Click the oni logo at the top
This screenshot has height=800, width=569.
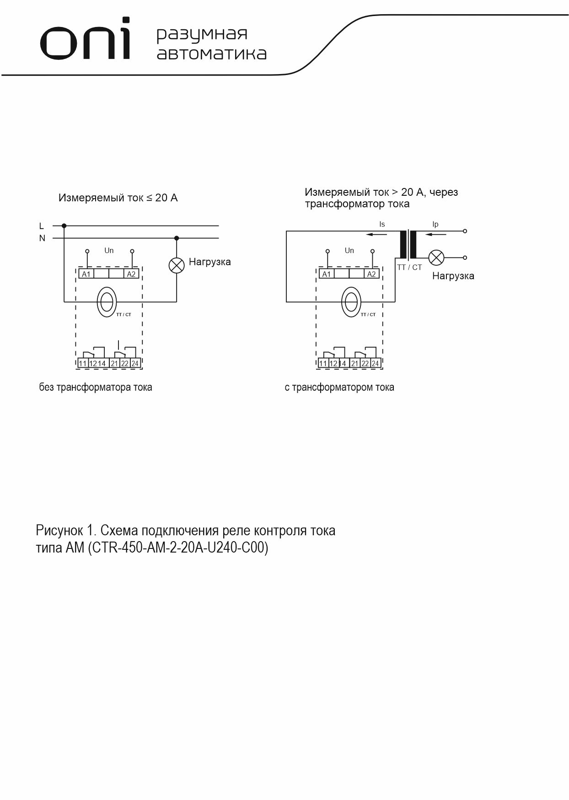pos(85,40)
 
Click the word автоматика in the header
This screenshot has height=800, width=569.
pos(211,54)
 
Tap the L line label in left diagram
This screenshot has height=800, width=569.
pos(42,226)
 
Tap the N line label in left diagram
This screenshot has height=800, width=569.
pos(42,238)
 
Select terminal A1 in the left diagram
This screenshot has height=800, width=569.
pos(86,274)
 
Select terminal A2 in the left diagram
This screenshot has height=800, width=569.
pos(131,274)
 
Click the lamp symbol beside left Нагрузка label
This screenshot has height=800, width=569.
pos(177,265)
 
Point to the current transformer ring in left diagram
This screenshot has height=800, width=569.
pos(107,301)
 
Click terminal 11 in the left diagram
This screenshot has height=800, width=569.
pos(82,364)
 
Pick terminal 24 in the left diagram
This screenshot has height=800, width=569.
pos(135,364)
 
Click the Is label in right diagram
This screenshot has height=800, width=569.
pos(382,225)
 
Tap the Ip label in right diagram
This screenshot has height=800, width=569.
pos(435,225)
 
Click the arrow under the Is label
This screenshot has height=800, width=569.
pos(376,235)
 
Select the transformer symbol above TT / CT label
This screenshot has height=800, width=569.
pos(408,245)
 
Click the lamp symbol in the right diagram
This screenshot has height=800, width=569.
pos(436,257)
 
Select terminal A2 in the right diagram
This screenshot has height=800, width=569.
pos(371,274)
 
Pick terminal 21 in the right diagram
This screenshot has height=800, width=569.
pos(354,364)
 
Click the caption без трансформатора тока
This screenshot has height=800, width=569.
pos(96,387)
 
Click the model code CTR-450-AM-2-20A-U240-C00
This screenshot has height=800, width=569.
pos(180,548)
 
